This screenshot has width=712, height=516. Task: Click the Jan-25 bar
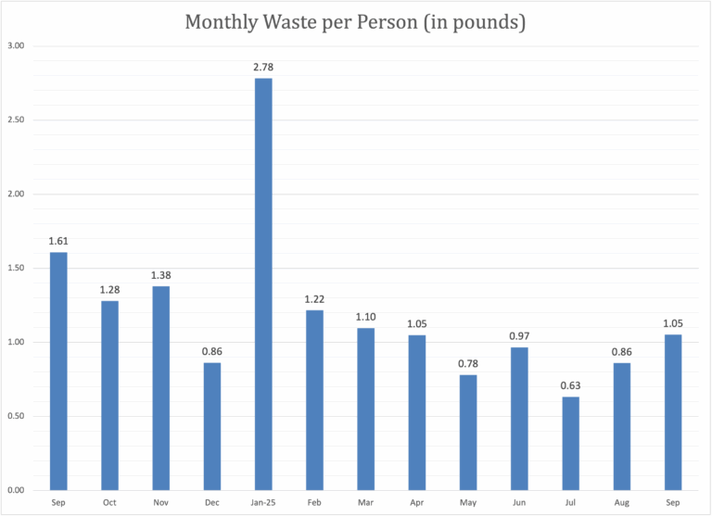(263, 283)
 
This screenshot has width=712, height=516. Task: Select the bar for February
(314, 399)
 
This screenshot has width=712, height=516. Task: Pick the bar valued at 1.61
(58, 371)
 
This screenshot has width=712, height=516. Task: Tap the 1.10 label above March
(365, 316)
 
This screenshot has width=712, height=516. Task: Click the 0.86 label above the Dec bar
(212, 351)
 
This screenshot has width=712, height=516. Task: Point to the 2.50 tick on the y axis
(16, 120)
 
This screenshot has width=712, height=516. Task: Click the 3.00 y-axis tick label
(16, 46)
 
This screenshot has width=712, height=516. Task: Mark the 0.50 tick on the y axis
(16, 416)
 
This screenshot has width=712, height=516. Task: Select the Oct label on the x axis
(109, 501)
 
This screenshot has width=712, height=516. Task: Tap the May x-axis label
(468, 501)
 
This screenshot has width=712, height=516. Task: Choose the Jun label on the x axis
(519, 501)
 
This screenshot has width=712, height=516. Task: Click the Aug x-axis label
(621, 501)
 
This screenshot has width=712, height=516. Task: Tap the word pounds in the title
(485, 21)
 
